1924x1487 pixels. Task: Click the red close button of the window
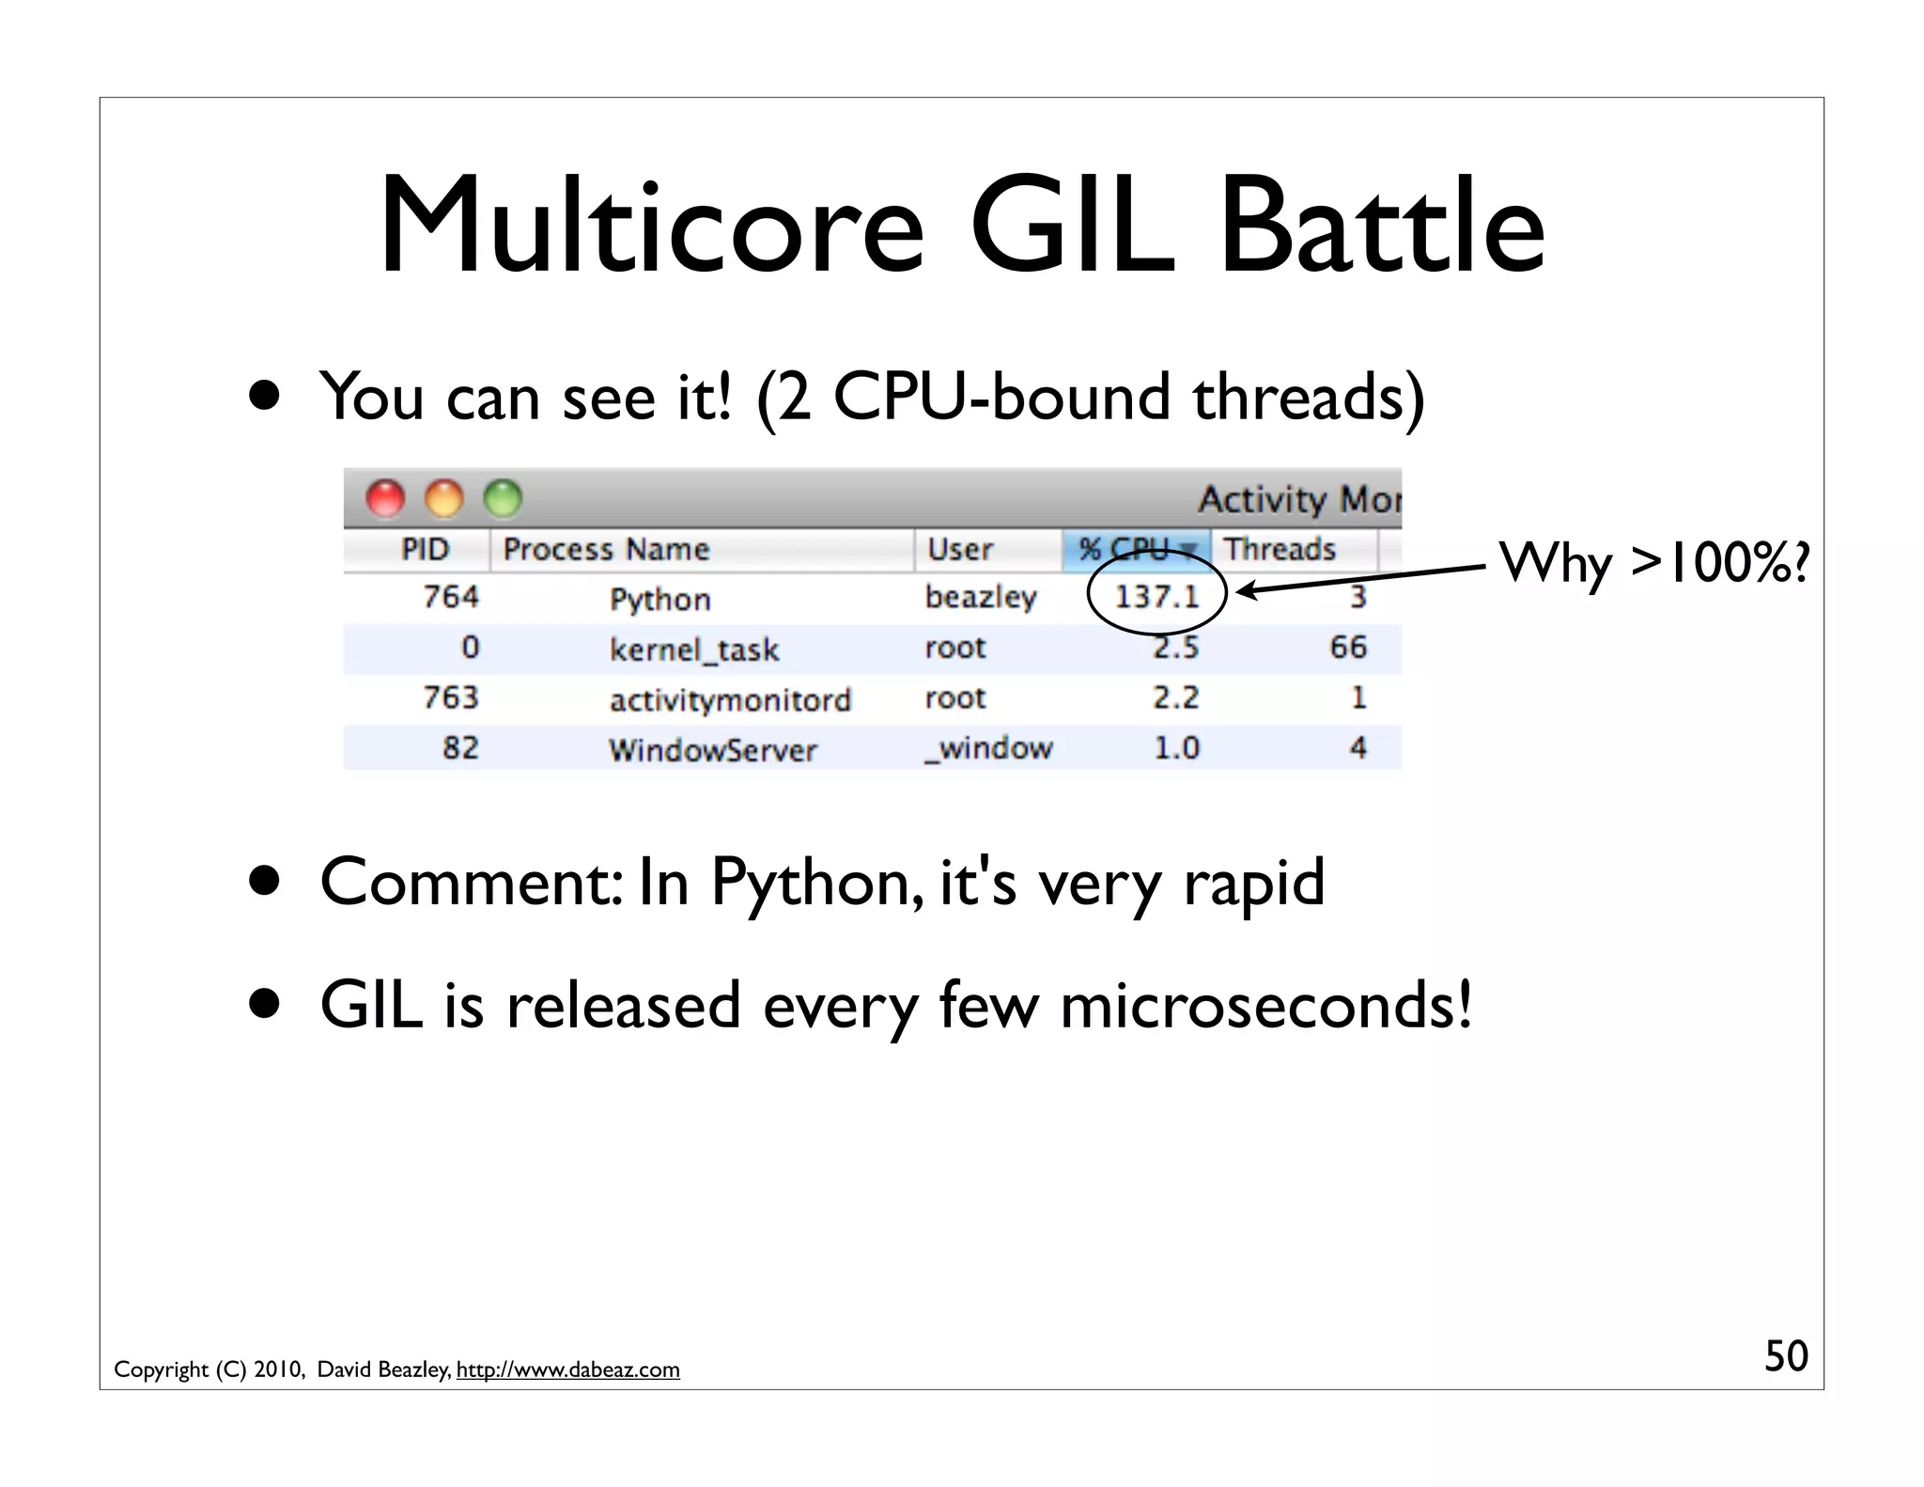pyautogui.click(x=385, y=498)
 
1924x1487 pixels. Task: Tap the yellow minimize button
pyautogui.click(x=444, y=498)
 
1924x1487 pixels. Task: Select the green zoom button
pyautogui.click(x=503, y=498)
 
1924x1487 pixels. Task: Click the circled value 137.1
pyautogui.click(x=1156, y=596)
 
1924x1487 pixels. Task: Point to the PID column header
pyautogui.click(x=425, y=549)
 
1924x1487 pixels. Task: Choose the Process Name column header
pyautogui.click(x=606, y=549)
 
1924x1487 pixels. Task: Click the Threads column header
pyautogui.click(x=1279, y=549)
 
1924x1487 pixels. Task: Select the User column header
pyautogui.click(x=959, y=549)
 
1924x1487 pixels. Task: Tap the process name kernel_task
pyautogui.click(x=693, y=649)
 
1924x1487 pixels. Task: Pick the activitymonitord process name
pyautogui.click(x=730, y=699)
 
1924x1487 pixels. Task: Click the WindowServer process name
pyautogui.click(x=712, y=749)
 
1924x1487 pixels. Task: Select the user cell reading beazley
pyautogui.click(x=980, y=597)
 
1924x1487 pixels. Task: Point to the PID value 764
pyautogui.click(x=450, y=597)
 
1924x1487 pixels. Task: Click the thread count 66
pyautogui.click(x=1348, y=647)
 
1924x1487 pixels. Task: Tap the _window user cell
pyautogui.click(x=988, y=748)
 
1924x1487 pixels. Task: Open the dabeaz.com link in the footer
pyautogui.click(x=567, y=1370)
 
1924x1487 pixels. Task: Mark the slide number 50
pyautogui.click(x=1785, y=1355)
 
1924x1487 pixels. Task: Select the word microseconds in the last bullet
pyautogui.click(x=1265, y=1005)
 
